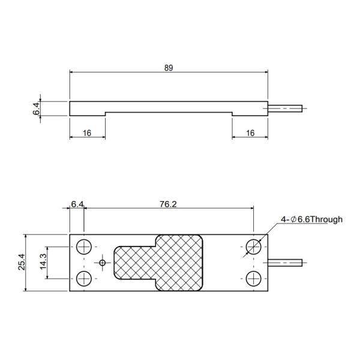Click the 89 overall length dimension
point(169,68)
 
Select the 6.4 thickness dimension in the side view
point(36,109)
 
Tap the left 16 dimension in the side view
point(87,133)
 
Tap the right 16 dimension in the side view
point(250,133)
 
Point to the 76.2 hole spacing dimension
point(168,204)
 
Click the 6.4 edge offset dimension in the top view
point(77,204)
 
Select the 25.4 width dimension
point(22,262)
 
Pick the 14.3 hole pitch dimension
point(43,262)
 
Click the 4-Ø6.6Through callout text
point(311,220)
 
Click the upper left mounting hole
point(84,247)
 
